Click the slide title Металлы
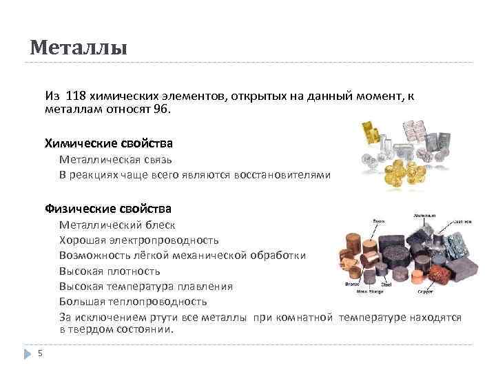(x=79, y=48)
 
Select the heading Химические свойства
(x=108, y=143)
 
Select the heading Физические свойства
(x=108, y=208)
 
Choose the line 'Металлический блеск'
(x=117, y=225)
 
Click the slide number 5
(x=40, y=353)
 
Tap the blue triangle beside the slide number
(x=28, y=353)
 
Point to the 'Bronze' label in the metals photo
(x=352, y=284)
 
